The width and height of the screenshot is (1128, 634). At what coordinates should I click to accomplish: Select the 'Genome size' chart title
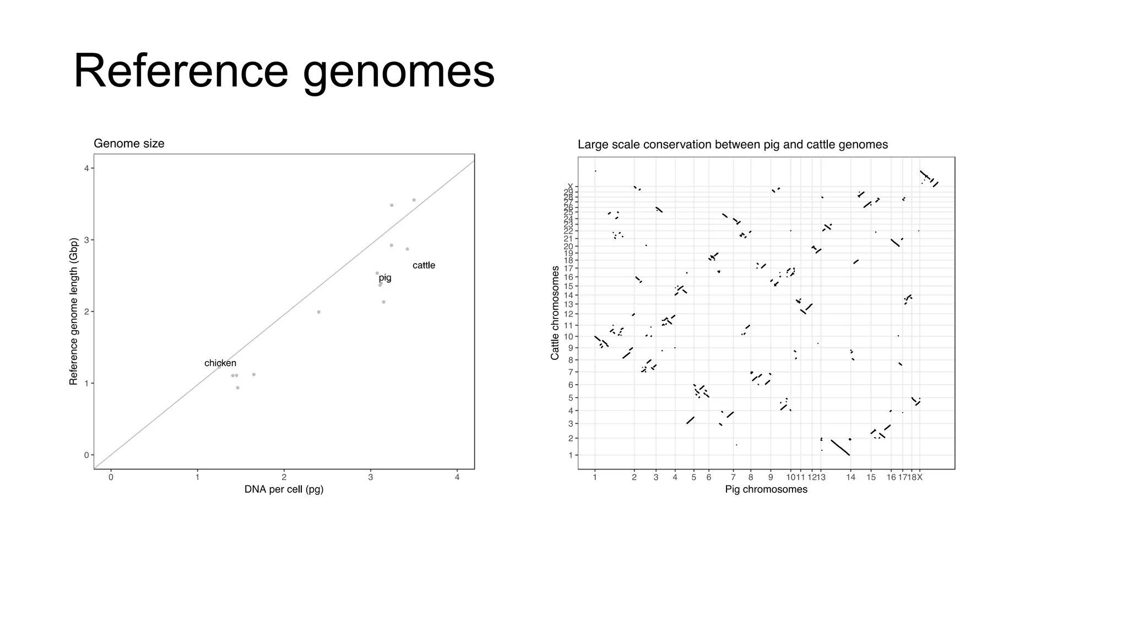pyautogui.click(x=129, y=144)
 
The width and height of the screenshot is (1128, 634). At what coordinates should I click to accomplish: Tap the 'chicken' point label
pyautogui.click(x=220, y=363)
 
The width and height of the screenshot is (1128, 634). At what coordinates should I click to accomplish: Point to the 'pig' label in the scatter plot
pyautogui.click(x=385, y=278)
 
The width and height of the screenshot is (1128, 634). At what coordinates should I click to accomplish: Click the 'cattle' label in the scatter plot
pyautogui.click(x=424, y=265)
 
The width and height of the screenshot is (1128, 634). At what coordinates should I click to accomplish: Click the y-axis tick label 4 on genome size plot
pyautogui.click(x=86, y=168)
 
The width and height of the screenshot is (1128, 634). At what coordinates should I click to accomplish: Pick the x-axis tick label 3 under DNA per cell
pyautogui.click(x=371, y=478)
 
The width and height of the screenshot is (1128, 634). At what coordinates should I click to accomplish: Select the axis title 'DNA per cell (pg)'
pyautogui.click(x=284, y=489)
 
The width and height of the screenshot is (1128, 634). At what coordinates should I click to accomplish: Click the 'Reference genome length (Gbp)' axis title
pyautogui.click(x=74, y=311)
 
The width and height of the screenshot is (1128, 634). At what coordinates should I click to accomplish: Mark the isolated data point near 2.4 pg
pyautogui.click(x=318, y=312)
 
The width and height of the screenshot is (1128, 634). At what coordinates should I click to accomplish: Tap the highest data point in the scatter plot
pyautogui.click(x=414, y=200)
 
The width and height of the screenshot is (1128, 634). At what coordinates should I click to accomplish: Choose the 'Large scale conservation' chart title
pyautogui.click(x=733, y=145)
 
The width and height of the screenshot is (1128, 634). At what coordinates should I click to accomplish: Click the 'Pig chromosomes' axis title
pyautogui.click(x=766, y=489)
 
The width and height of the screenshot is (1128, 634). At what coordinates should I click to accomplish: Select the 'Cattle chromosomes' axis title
pyautogui.click(x=555, y=313)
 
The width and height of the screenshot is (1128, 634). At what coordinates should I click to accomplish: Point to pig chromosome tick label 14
pyautogui.click(x=850, y=478)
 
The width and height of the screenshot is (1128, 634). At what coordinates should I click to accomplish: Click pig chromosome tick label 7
pyautogui.click(x=733, y=478)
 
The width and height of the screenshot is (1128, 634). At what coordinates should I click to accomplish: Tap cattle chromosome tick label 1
pyautogui.click(x=571, y=455)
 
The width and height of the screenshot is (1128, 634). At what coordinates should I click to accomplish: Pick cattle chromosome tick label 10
pyautogui.click(x=568, y=337)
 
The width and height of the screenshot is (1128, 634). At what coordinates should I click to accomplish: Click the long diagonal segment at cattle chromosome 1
pyautogui.click(x=840, y=447)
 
